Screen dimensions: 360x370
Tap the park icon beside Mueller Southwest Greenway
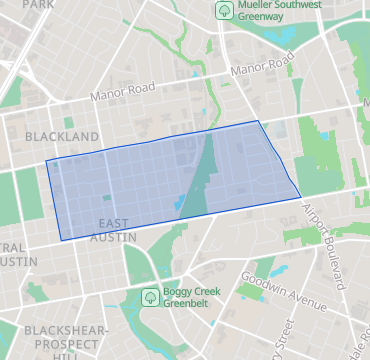pos(223,10)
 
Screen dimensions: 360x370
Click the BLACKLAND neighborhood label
pos(62,136)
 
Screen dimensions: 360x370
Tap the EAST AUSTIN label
pos(108,229)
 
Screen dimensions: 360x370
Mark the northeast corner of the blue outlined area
pos(259,121)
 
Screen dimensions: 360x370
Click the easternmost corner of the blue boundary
pos(301,197)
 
